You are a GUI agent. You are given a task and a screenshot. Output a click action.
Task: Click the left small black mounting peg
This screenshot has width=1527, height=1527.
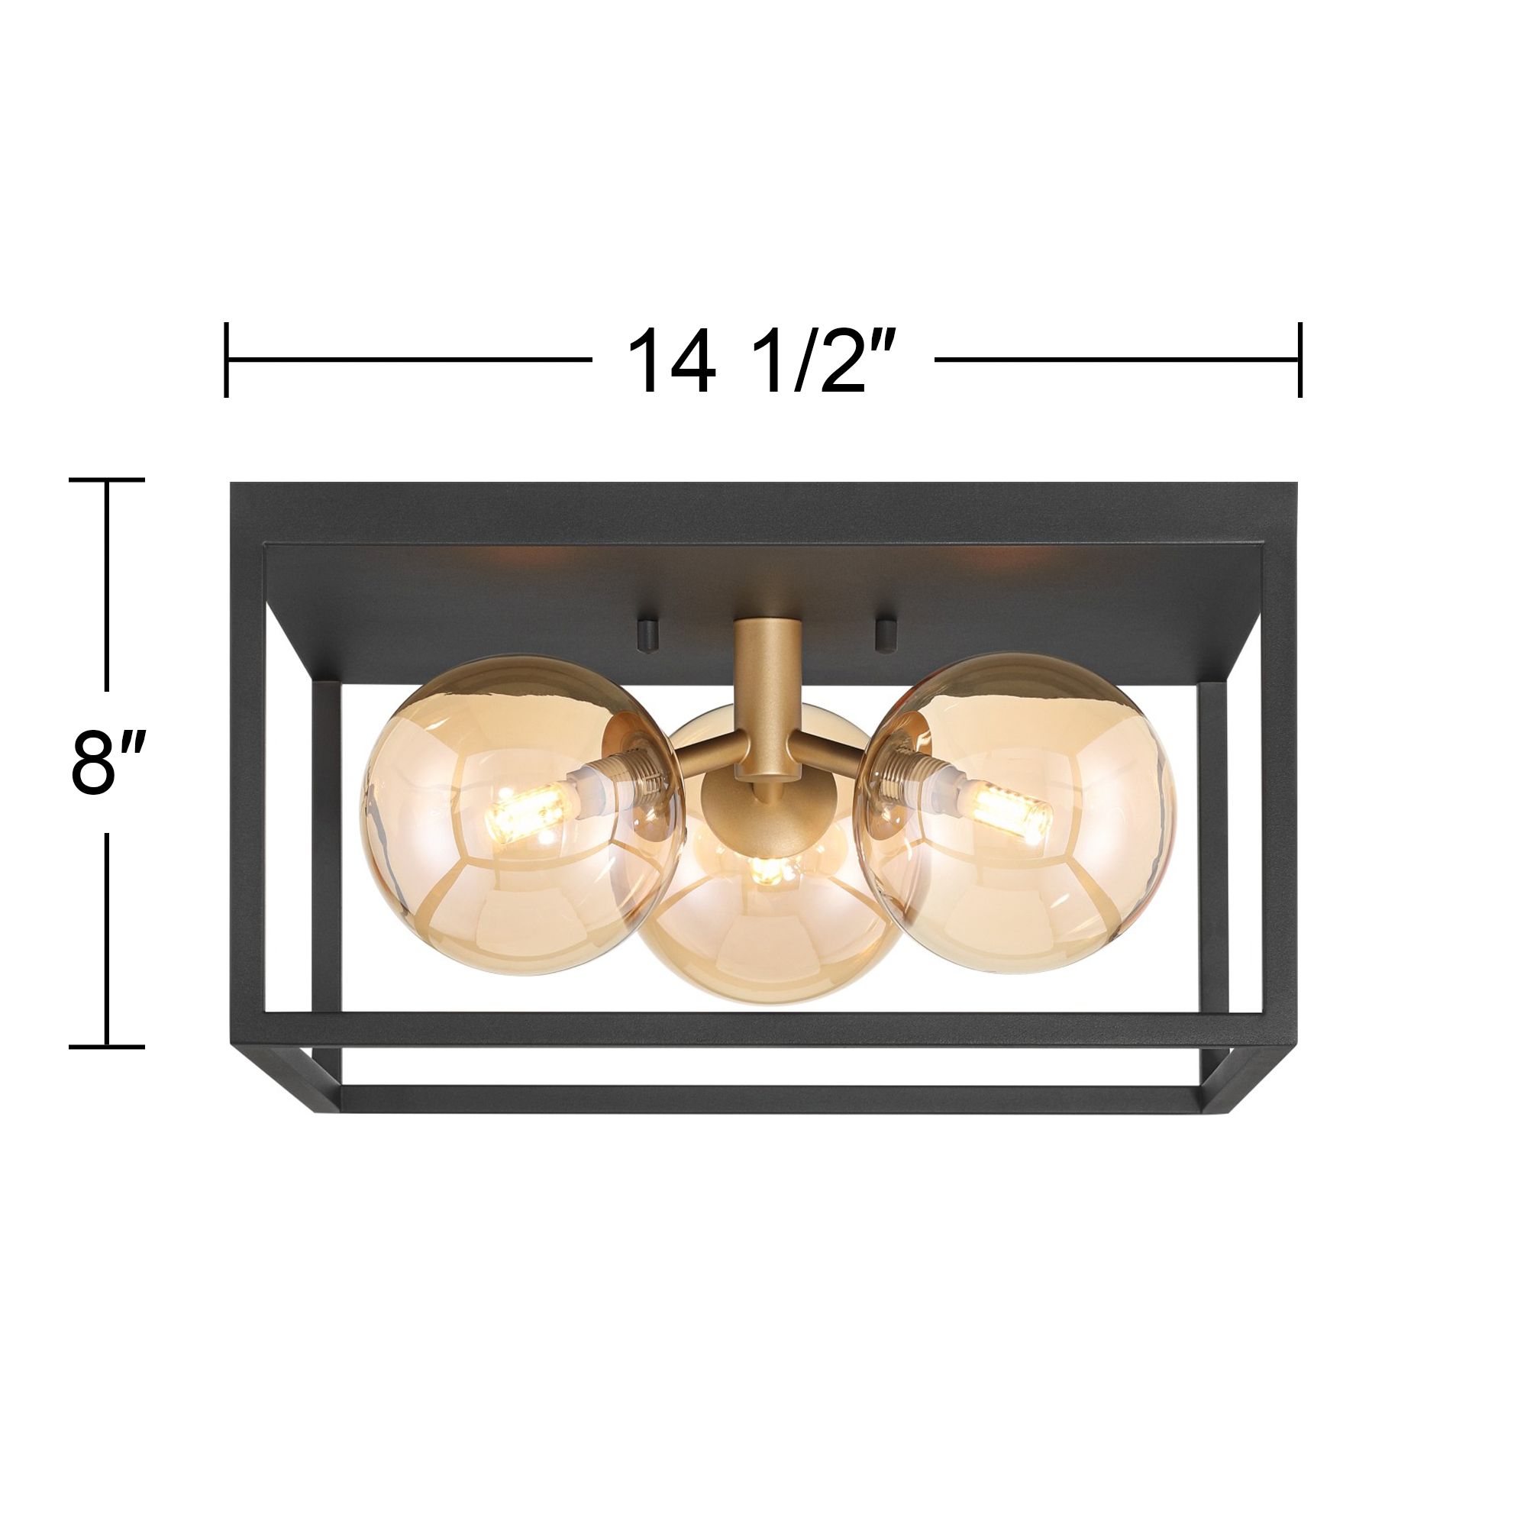point(644,609)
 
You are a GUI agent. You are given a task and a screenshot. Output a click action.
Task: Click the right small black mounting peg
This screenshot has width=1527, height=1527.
point(884,609)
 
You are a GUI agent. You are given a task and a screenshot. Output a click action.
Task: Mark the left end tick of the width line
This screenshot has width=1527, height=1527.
point(227,360)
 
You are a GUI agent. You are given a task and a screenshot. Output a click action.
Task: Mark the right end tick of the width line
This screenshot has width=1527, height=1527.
point(1300,360)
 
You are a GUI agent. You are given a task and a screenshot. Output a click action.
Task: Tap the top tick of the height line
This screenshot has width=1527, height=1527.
point(108,479)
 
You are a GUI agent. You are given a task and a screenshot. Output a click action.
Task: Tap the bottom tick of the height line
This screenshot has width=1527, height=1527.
point(108,1048)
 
